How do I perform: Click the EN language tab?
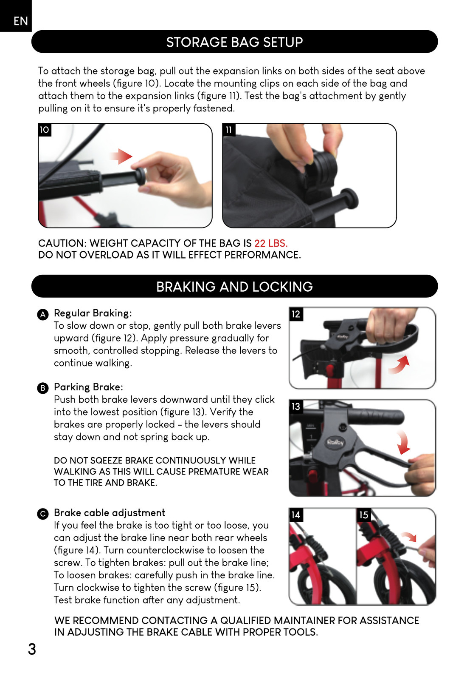coord(16,16)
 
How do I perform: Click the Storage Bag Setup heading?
coord(234,42)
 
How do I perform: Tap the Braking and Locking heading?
coord(234,287)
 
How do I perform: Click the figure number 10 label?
coord(45,130)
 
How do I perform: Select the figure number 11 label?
coord(228,130)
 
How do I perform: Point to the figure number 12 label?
coord(296,314)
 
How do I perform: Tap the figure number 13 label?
coord(296,407)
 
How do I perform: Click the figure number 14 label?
coord(296,515)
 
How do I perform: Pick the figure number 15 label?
coord(364,515)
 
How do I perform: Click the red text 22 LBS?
coord(271,243)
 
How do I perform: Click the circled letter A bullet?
coord(43,314)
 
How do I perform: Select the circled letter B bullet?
coord(43,388)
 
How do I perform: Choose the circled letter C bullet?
coord(43,514)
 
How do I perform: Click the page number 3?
coord(32,649)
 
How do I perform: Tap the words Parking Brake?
coord(89,387)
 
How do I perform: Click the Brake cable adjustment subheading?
coord(110,512)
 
